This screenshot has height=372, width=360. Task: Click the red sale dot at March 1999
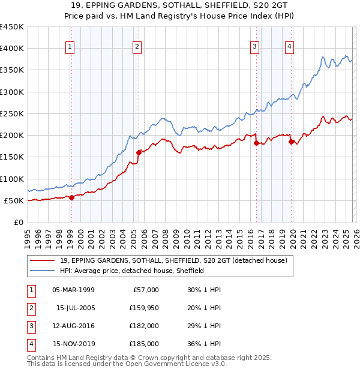pyautogui.click(x=71, y=197)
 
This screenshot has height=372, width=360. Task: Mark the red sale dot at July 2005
pyautogui.click(x=139, y=152)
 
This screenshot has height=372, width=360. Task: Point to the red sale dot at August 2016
pyautogui.click(x=256, y=143)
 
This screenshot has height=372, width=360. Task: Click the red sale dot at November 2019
pyautogui.click(x=291, y=142)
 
